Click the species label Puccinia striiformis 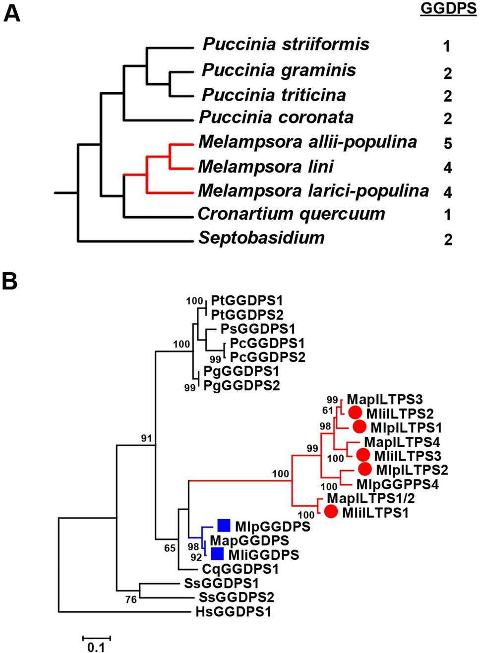pyautogui.click(x=286, y=45)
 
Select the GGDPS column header pyautogui.click(x=448, y=8)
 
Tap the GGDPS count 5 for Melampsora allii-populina pyautogui.click(x=448, y=144)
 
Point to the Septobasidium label pyautogui.click(x=261, y=238)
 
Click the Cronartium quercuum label pyautogui.click(x=291, y=214)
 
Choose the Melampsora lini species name pyautogui.click(x=266, y=167)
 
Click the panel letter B pyautogui.click(x=10, y=281)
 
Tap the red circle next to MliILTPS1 pyautogui.click(x=331, y=512)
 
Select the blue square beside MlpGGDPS pyautogui.click(x=224, y=525)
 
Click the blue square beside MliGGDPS pyautogui.click(x=217, y=554)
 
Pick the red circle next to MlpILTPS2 pyautogui.click(x=364, y=469)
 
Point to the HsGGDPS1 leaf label pyautogui.click(x=234, y=612)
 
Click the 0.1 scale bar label pyautogui.click(x=96, y=647)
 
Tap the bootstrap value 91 pyautogui.click(x=146, y=438)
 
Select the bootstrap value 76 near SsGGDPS pyautogui.click(x=131, y=599)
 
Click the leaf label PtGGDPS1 pyautogui.click(x=246, y=300)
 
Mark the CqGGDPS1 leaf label pyautogui.click(x=240, y=569)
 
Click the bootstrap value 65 pyautogui.click(x=170, y=548)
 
